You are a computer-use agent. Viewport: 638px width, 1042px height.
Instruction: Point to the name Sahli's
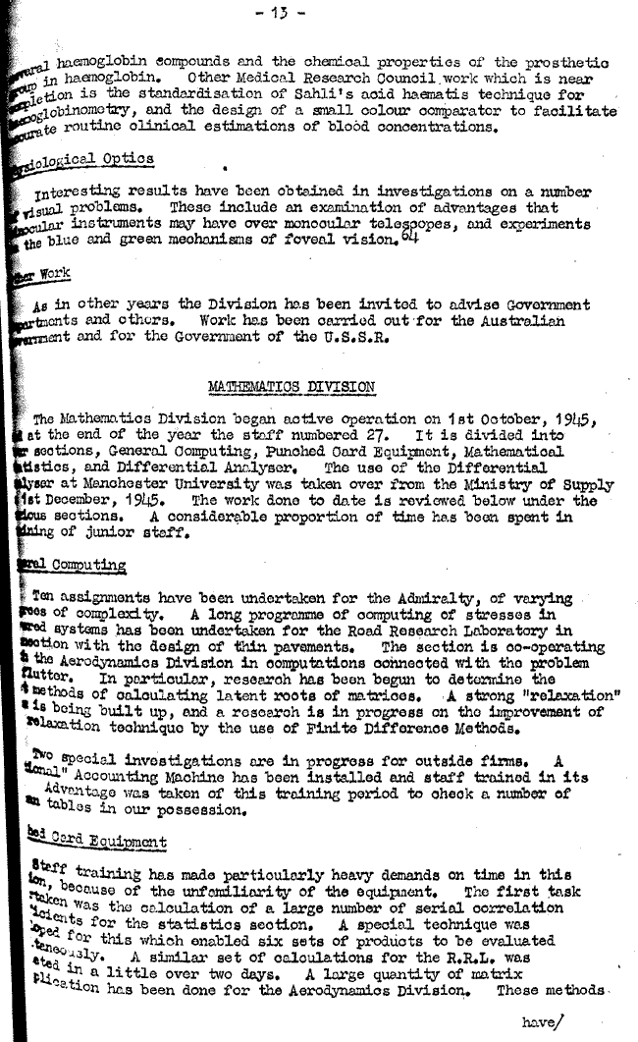(x=301, y=95)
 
